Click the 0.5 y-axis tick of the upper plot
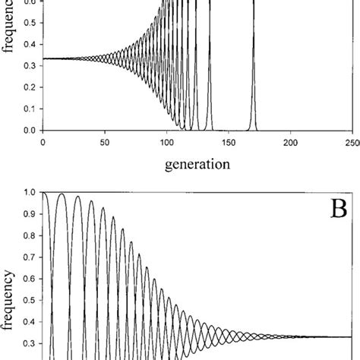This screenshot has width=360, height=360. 29,33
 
